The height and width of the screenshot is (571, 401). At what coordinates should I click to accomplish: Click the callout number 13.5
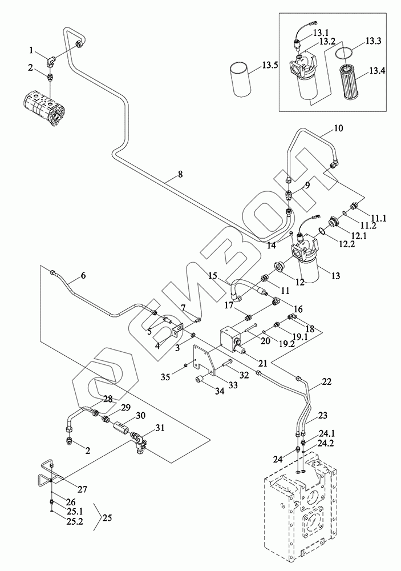270,66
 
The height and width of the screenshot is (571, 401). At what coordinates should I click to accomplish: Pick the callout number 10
338,128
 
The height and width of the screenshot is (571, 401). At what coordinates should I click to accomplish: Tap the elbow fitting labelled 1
51,59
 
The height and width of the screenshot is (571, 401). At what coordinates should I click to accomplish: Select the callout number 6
83,275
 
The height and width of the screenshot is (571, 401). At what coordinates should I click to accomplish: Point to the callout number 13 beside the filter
335,276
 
